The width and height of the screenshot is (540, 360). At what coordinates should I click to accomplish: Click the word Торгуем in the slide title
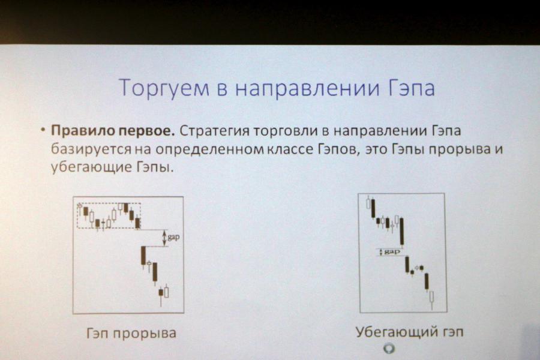tap(164, 88)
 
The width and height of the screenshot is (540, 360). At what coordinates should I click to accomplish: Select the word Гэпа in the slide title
tap(411, 88)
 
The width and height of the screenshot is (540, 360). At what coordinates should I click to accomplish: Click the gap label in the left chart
tap(173, 238)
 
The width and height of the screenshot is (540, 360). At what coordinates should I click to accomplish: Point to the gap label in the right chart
tap(392, 252)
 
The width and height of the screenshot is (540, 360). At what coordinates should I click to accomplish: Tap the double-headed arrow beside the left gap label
tap(164, 238)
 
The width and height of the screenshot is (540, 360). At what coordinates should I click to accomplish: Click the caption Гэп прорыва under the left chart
tap(131, 333)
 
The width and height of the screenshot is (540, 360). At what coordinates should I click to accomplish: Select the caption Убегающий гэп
tap(409, 332)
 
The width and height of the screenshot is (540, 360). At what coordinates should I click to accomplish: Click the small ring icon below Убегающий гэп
tap(389, 349)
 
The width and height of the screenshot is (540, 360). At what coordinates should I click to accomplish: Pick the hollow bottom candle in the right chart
tap(431, 298)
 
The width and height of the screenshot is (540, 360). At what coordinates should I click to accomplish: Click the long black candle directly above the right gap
tap(401, 232)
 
